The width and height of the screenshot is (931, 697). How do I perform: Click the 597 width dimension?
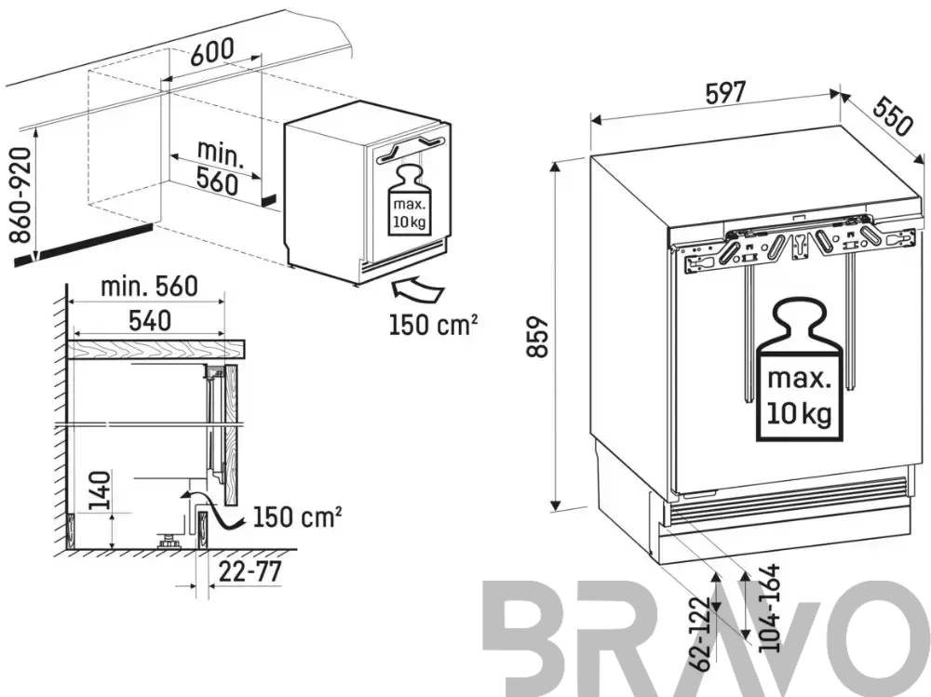click(x=725, y=93)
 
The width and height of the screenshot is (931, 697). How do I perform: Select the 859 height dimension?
click(x=537, y=337)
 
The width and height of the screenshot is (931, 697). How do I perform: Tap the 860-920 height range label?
click(x=20, y=195)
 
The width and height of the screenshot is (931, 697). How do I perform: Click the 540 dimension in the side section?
click(x=150, y=321)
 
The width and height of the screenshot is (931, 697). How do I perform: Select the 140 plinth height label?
click(x=100, y=490)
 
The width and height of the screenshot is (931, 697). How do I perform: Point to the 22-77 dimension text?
click(x=250, y=571)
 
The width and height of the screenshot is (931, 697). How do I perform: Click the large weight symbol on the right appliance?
click(x=799, y=369)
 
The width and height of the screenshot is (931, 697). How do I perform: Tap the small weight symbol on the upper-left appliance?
click(x=410, y=201)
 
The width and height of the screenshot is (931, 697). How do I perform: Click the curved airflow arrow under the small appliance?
click(x=417, y=290)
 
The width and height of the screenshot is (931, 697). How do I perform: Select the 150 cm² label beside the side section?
click(x=298, y=516)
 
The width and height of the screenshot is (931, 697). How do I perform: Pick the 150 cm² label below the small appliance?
click(x=433, y=324)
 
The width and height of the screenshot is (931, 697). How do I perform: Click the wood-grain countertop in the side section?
click(x=156, y=350)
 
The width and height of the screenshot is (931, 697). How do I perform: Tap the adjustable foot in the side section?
click(x=169, y=542)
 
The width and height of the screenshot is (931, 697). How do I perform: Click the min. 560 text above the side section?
click(x=149, y=287)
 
